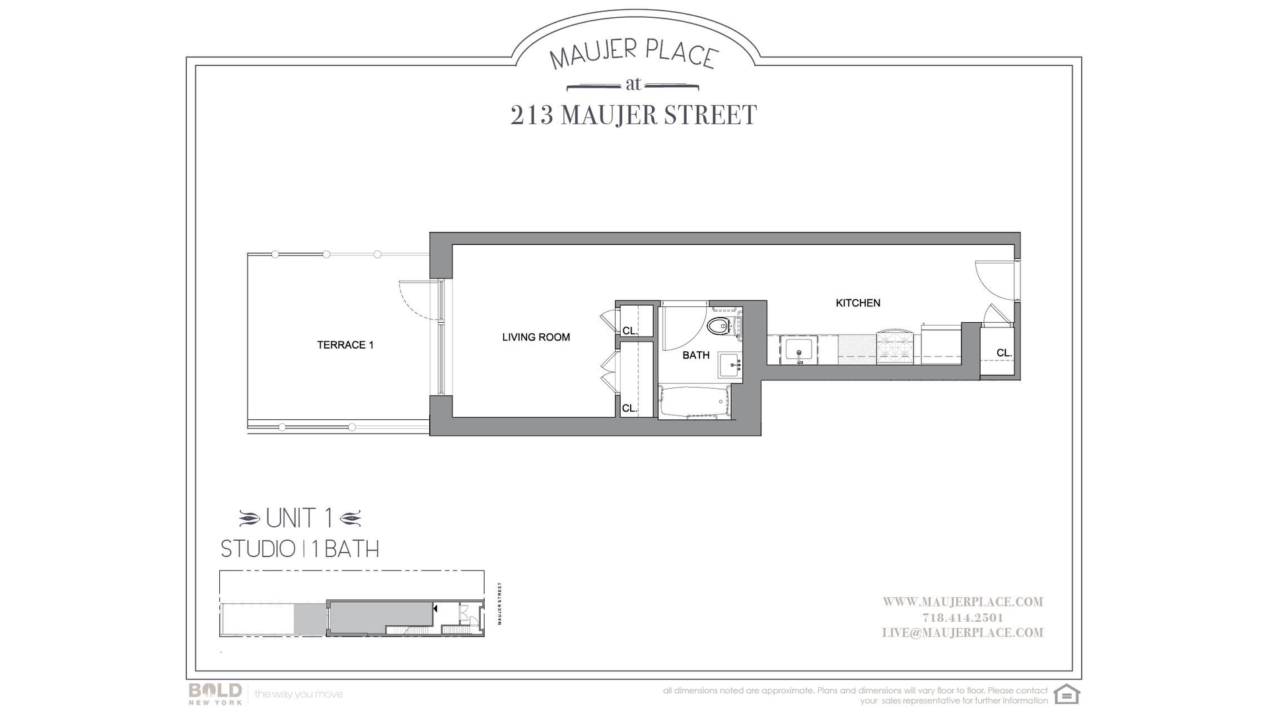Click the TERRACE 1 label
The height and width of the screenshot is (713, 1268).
point(345,345)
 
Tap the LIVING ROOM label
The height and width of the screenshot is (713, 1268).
point(536,337)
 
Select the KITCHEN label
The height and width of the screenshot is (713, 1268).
point(858,303)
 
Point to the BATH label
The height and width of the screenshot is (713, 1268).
point(695,355)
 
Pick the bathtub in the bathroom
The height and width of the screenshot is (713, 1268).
point(694,402)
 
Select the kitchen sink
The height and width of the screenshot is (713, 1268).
point(798,349)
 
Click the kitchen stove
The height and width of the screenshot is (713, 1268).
point(896,347)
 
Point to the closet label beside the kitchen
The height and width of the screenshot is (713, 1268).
point(1004,353)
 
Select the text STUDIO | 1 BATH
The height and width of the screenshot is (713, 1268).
point(300,549)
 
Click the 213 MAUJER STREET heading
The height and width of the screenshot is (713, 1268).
point(633,116)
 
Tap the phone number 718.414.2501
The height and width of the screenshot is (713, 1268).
point(962,618)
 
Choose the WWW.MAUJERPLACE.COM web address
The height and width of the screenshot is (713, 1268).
point(962,602)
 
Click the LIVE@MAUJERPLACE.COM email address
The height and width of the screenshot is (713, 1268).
point(962,633)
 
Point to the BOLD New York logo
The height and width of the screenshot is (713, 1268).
point(215,693)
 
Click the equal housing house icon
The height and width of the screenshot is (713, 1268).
point(1067,695)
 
